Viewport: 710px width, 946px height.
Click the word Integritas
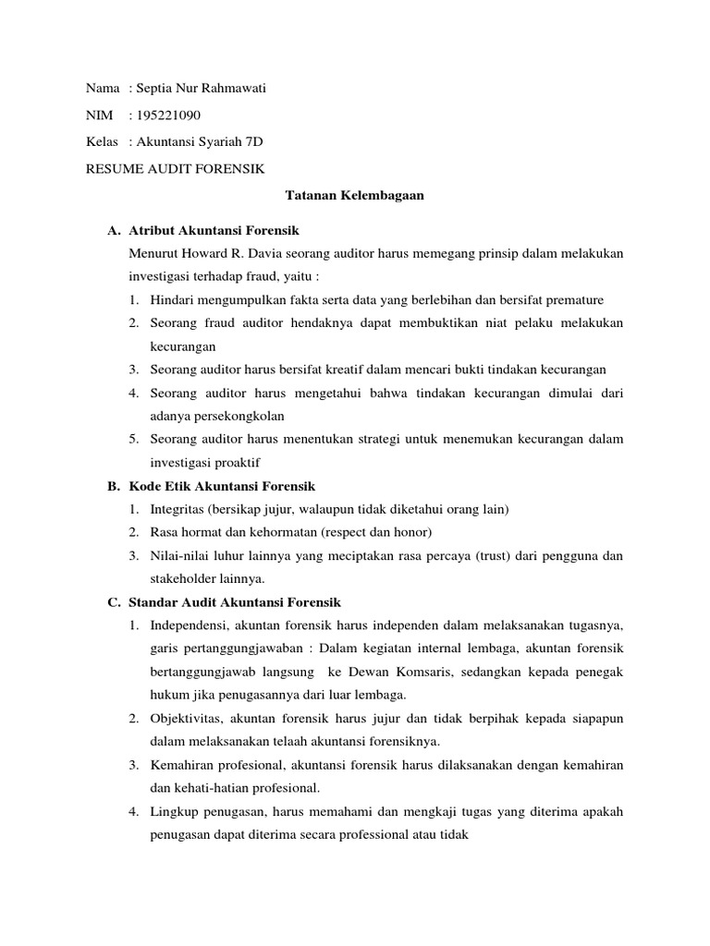coord(177,509)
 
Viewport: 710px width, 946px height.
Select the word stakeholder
coord(185,578)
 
